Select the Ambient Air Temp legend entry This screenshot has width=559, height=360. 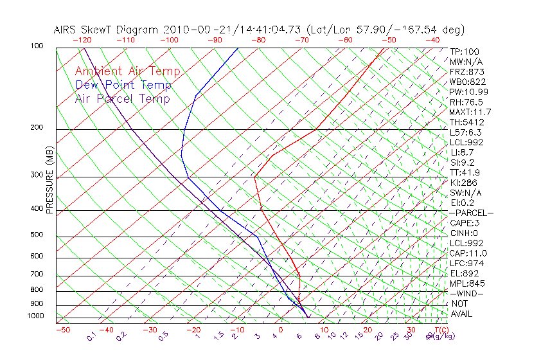click(128, 71)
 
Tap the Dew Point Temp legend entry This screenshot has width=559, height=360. click(123, 85)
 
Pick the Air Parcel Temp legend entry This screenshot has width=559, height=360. click(123, 98)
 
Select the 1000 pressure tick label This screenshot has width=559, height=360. click(36, 316)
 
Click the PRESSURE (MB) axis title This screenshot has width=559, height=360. click(50, 179)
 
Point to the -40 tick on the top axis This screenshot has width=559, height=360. click(432, 39)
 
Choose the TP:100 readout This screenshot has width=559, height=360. click(465, 51)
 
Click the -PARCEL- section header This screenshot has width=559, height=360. click(472, 213)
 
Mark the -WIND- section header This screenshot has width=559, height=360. click(467, 294)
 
